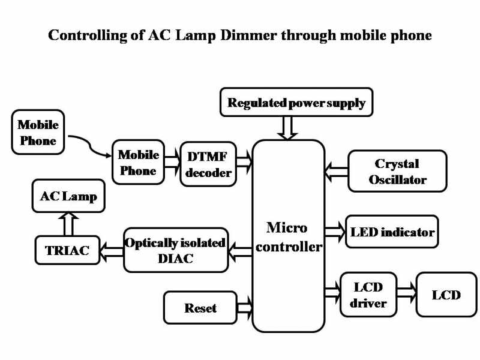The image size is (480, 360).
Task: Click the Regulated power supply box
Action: (296, 103)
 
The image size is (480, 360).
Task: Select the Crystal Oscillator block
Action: (397, 171)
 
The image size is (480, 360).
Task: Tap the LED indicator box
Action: (392, 232)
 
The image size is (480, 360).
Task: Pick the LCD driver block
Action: (368, 295)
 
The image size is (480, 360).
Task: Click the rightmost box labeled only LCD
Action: (446, 295)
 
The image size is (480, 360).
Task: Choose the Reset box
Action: (200, 308)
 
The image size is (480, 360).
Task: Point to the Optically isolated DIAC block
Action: (176, 250)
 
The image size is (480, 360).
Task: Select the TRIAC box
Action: (67, 251)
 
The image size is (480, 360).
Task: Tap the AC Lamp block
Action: (68, 196)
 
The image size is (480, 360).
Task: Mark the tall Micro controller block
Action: (288, 236)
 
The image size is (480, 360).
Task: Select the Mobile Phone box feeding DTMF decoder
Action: (138, 163)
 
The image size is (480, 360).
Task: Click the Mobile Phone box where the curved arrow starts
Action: (38, 133)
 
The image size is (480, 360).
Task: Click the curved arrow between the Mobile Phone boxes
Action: (90, 146)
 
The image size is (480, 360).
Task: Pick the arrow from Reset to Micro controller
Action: (244, 308)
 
